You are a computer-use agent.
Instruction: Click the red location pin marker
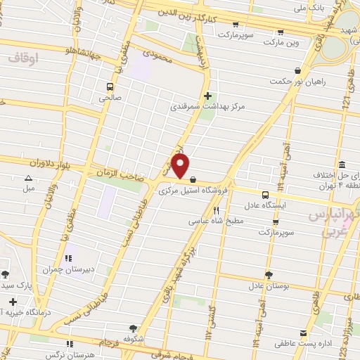click(181, 167)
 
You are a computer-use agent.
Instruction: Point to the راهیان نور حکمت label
click(298, 82)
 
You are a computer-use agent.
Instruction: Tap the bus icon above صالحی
click(109, 87)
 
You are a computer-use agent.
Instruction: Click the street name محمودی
click(157, 53)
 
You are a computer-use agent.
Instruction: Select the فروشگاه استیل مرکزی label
click(191, 190)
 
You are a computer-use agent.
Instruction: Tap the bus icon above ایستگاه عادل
click(265, 195)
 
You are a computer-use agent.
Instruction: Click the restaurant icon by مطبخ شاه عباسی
click(217, 210)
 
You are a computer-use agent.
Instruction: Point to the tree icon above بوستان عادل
click(269, 275)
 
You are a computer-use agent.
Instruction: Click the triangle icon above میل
click(28, 178)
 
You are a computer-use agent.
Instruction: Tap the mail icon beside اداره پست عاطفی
click(304, 333)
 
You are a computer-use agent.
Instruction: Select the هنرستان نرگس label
click(69, 354)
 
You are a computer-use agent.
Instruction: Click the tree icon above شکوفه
click(133, 328)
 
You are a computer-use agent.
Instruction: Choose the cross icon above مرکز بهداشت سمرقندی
click(207, 96)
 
